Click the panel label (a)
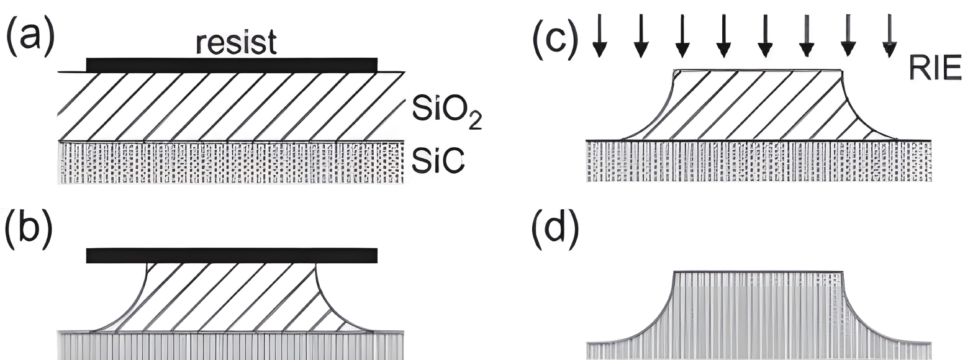click(x=30, y=36)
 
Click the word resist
click(x=236, y=43)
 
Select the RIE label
click(x=935, y=68)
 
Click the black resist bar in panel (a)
click(x=231, y=65)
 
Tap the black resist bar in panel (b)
click(x=231, y=255)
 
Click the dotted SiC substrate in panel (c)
click(x=758, y=161)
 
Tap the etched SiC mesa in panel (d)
click(x=758, y=310)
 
